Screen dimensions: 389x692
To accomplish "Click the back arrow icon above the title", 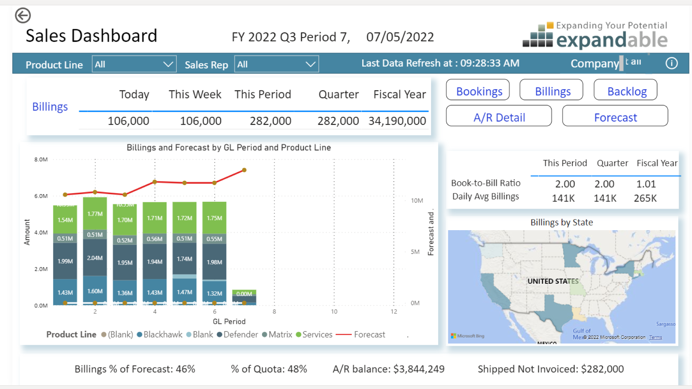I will [x=23, y=15].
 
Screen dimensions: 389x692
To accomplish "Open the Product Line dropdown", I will [x=134, y=64].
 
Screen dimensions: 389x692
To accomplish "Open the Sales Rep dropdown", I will [x=276, y=64].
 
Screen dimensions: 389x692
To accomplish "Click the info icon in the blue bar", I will [x=671, y=63].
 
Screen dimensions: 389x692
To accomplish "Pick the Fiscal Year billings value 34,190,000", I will [x=397, y=121].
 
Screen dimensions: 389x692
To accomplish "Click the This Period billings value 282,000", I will [x=270, y=121].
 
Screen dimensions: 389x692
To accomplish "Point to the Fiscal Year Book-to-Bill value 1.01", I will [x=646, y=184].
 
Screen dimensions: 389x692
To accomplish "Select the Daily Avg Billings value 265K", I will [x=645, y=198].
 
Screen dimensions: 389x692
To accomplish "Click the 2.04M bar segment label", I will [x=95, y=258].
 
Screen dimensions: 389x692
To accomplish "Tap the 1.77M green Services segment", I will [x=95, y=214].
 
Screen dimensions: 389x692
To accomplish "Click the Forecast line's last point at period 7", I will [x=244, y=170].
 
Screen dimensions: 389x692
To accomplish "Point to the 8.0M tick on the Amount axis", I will [x=41, y=160].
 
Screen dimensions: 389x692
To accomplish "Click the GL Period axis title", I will [x=229, y=321].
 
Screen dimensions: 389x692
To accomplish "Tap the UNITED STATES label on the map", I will [x=553, y=281].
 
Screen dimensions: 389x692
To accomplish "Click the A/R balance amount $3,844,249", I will [x=419, y=369].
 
